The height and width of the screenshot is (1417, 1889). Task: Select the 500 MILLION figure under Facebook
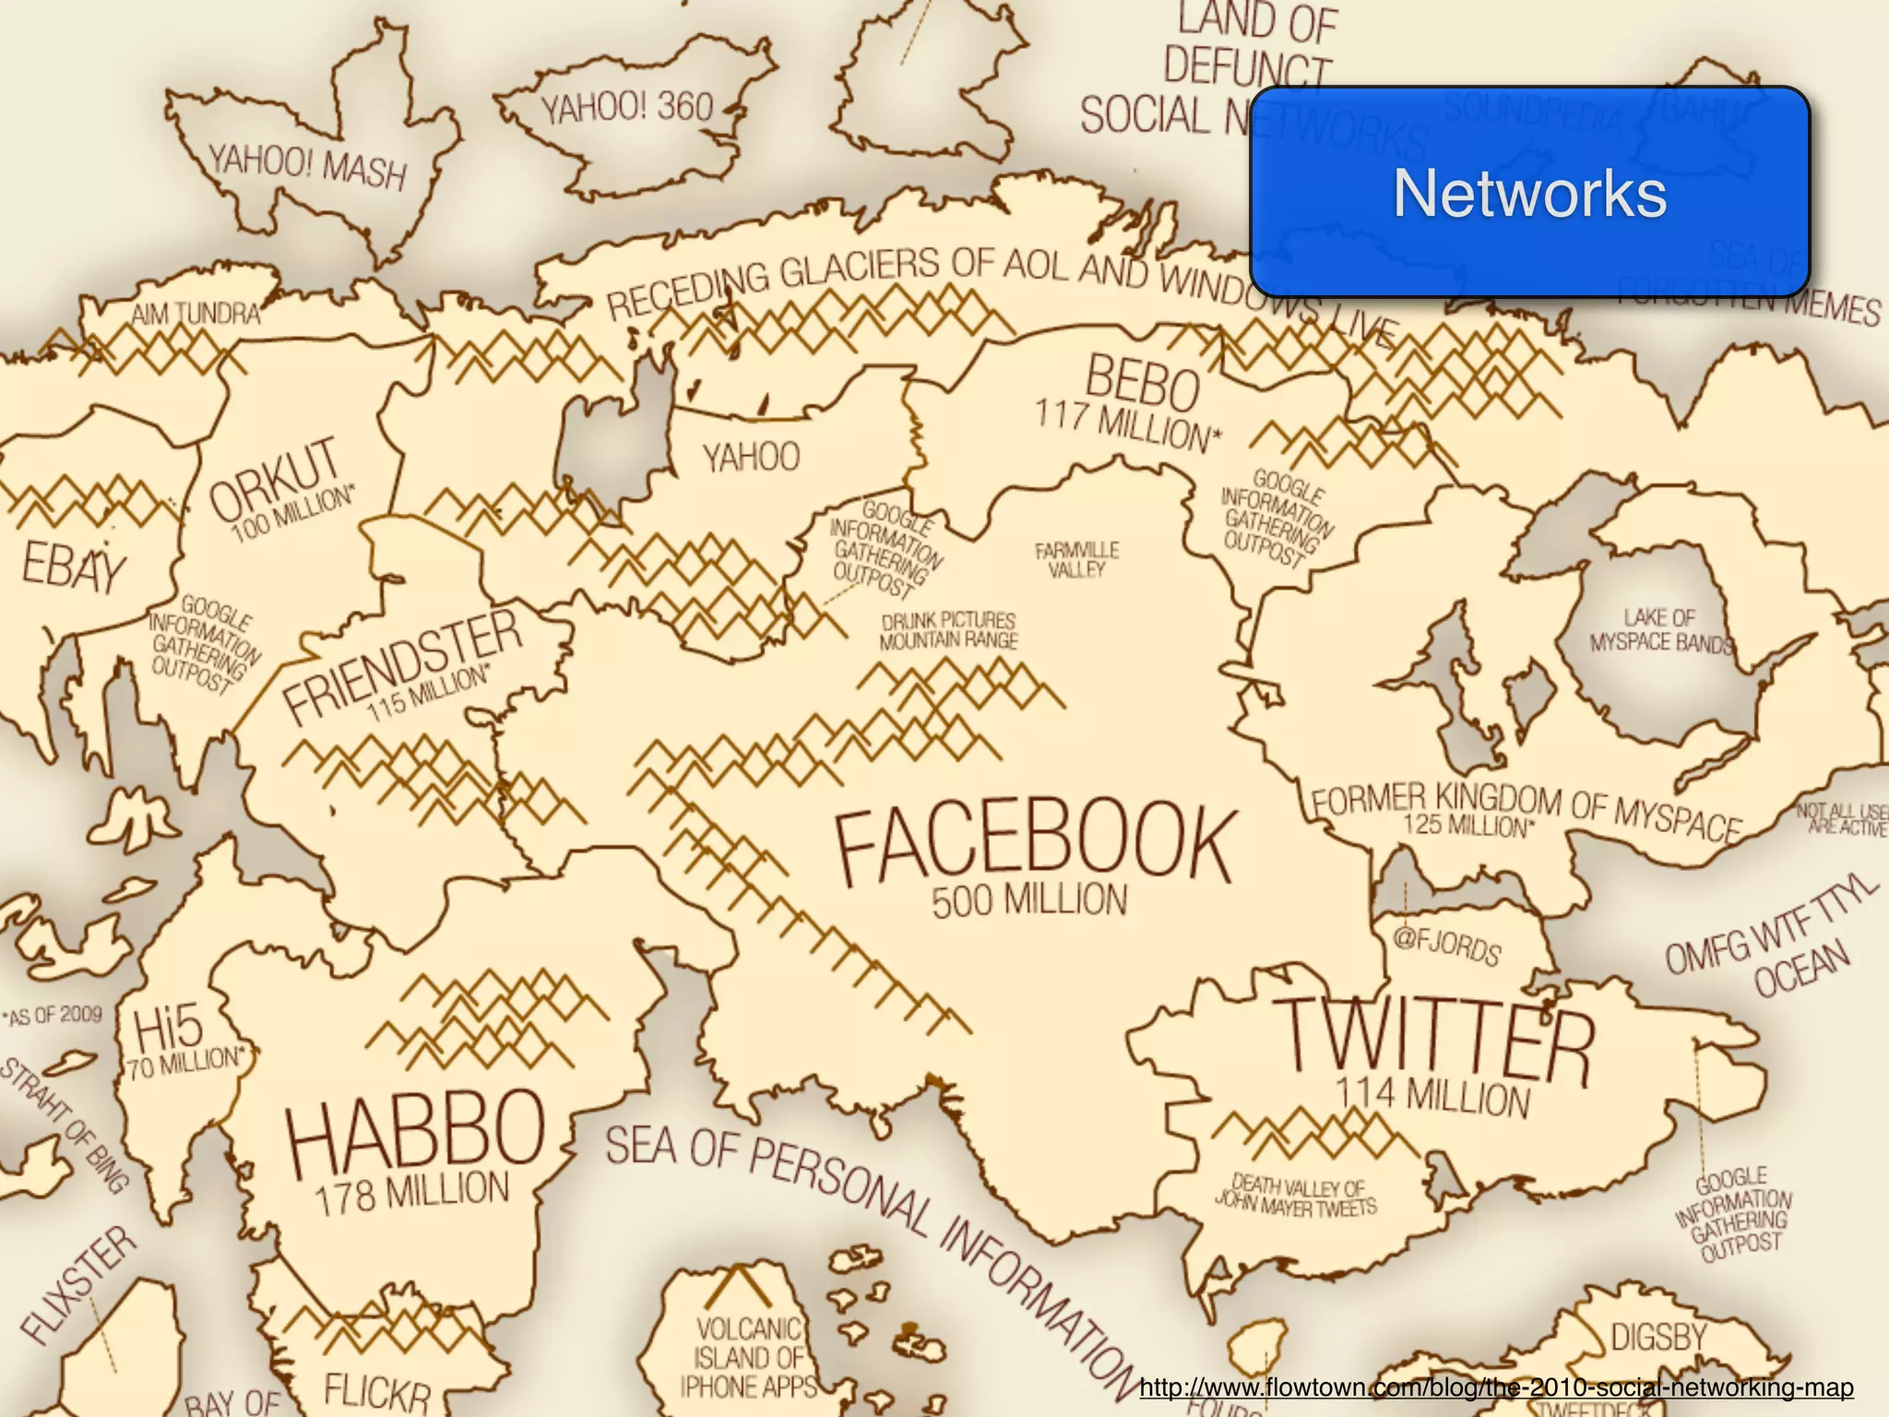tap(1028, 900)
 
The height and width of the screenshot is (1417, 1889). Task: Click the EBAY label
tap(72, 566)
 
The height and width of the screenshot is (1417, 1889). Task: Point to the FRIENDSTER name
tap(402, 664)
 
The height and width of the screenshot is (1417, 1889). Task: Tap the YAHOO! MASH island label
tap(307, 168)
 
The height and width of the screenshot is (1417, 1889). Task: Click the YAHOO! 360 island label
tap(627, 109)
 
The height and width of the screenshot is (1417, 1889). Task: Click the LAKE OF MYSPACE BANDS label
tap(1659, 630)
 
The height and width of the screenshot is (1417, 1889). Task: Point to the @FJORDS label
tap(1446, 947)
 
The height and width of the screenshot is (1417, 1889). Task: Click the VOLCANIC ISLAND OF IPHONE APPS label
tap(748, 1357)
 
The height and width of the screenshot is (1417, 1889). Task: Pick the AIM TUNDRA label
tap(196, 315)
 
